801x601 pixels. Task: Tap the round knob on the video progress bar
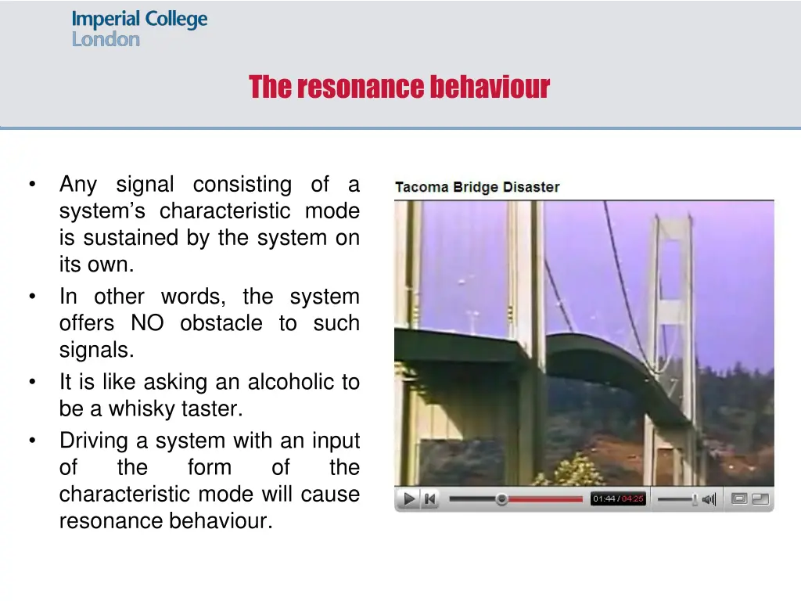[x=501, y=499]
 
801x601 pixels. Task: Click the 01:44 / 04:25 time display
[x=618, y=499]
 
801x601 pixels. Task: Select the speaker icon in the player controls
[x=709, y=499]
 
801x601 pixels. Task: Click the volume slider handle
[x=695, y=499]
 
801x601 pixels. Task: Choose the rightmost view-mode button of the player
[x=760, y=498]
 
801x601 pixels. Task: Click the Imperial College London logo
[x=139, y=28]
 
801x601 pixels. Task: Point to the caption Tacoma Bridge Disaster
[x=477, y=187]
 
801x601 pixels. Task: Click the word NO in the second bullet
[x=147, y=323]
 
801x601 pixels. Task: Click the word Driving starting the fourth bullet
[x=94, y=441]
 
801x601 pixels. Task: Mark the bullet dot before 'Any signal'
[x=31, y=185]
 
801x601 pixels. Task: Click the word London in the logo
[x=106, y=39]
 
